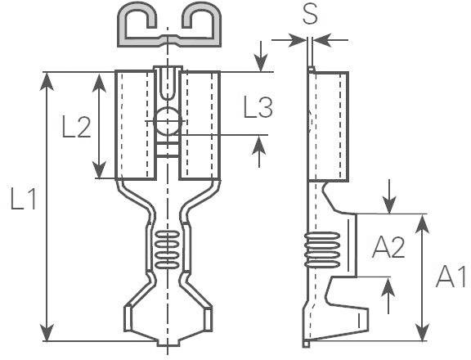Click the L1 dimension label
23,199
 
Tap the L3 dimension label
258,107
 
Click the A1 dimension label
451,277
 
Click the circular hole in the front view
167,122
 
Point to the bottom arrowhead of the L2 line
100,171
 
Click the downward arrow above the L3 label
260,62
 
